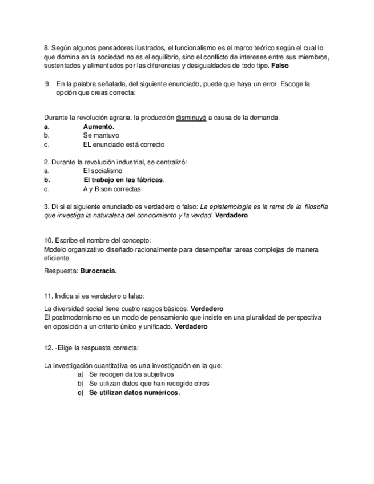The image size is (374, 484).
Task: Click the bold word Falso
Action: click(280, 66)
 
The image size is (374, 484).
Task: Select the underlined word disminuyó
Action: click(191, 118)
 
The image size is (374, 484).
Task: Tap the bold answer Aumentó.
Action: click(99, 127)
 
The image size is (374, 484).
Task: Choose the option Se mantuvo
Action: click(101, 136)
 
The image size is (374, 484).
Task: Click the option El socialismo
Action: click(102, 171)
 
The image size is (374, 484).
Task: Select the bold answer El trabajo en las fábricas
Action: click(123, 180)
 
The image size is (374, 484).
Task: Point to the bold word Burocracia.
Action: click(99, 271)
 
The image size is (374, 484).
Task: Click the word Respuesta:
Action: click(61, 271)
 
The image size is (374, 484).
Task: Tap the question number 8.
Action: click(46, 48)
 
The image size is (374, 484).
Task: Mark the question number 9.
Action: click(47, 84)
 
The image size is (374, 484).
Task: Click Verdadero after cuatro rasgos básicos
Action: click(207, 309)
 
